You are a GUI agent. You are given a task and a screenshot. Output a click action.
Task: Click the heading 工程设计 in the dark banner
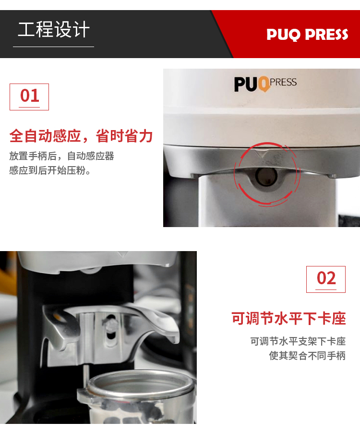[54, 29]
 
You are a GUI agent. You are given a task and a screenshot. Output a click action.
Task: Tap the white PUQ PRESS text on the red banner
[307, 35]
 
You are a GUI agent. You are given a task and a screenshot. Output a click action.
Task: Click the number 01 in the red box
[30, 96]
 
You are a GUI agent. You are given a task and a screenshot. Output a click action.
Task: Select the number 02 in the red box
[326, 278]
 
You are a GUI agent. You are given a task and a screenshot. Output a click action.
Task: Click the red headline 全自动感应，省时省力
[81, 136]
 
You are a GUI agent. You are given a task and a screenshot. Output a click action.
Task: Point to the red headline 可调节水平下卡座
[288, 318]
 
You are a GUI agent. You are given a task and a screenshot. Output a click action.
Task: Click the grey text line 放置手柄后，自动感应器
[62, 156]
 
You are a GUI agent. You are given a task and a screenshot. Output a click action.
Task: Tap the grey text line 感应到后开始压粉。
[50, 170]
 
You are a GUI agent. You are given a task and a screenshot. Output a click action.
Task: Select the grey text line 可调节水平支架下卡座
[298, 341]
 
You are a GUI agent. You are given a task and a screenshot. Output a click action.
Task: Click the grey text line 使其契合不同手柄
[307, 355]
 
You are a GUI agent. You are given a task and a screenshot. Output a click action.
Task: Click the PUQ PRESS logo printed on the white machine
[265, 84]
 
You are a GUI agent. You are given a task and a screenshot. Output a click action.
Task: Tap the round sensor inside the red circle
[266, 176]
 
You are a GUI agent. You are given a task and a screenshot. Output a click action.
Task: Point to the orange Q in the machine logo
[264, 84]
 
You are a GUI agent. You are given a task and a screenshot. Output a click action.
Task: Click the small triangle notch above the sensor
[261, 153]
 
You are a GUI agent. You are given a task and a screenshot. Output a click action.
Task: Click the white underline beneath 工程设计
[53, 47]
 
